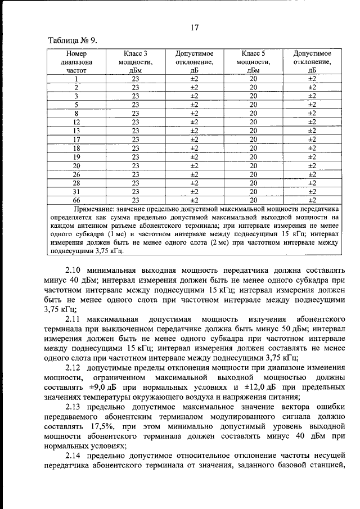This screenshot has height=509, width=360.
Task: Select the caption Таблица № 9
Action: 73,40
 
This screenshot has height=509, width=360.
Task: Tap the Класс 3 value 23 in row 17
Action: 135,139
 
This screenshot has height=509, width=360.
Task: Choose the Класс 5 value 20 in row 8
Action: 253,113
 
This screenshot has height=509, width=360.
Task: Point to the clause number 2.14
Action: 74,454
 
